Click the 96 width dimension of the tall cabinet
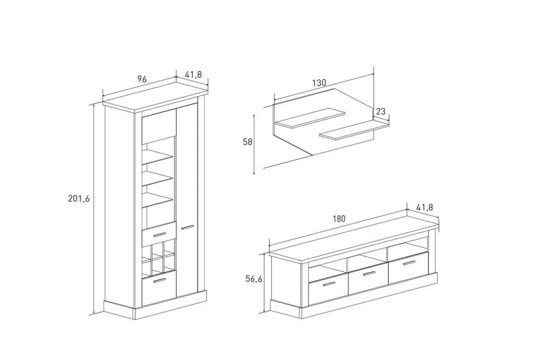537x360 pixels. coord(142,79)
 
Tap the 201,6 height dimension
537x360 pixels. coord(79,198)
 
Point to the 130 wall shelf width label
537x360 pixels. coord(319,83)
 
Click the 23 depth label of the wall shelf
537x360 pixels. coord(381,111)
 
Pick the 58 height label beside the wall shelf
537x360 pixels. coord(246,142)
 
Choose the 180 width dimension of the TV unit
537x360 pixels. coord(338,218)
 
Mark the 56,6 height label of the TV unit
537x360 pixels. coord(254,279)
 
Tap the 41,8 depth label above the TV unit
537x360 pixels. coord(424,208)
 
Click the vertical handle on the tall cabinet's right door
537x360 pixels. coord(187,227)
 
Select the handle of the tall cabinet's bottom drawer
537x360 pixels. coord(158,281)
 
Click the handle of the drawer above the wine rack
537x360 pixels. coord(158,233)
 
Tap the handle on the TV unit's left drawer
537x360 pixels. coord(328,285)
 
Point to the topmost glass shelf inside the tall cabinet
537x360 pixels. coord(158,158)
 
